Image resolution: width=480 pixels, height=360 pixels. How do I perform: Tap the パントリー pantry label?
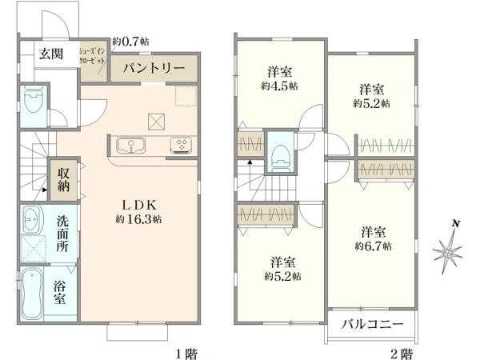[154, 68]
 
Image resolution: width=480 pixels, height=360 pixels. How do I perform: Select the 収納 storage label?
[62, 180]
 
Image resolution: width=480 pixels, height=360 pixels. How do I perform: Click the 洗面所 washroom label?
[62, 234]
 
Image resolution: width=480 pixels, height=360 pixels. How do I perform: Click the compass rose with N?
[449, 251]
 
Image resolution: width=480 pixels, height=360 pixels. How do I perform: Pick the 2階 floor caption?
[402, 352]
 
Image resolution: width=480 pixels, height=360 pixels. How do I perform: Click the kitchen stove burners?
[181, 145]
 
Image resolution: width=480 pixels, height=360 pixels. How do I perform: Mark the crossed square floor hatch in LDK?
[155, 121]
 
